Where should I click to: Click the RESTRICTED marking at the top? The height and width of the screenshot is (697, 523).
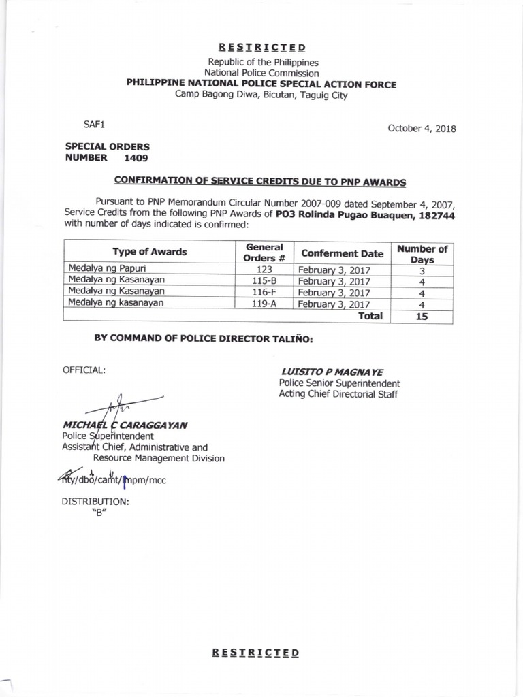[x=261, y=48]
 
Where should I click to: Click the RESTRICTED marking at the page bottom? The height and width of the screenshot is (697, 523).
[x=255, y=653]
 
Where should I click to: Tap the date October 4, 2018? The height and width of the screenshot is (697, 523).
[x=422, y=129]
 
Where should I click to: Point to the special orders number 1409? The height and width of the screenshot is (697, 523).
[x=135, y=157]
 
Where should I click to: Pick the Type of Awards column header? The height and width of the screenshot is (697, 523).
[x=149, y=252]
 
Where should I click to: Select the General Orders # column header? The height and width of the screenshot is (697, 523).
[x=264, y=252]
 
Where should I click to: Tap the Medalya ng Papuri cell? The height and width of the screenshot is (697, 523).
[x=104, y=269]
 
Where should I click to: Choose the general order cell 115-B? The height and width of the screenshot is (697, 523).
[x=263, y=280]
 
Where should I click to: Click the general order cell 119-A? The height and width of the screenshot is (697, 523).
[x=263, y=304]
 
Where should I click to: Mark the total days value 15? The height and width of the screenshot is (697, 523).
[x=422, y=316]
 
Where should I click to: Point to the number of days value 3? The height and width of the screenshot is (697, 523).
[x=422, y=270]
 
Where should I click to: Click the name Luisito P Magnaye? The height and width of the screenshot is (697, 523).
[x=332, y=372]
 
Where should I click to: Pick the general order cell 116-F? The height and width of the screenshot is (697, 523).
[x=263, y=292]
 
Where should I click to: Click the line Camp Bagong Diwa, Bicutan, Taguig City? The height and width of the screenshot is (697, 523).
[x=261, y=95]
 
